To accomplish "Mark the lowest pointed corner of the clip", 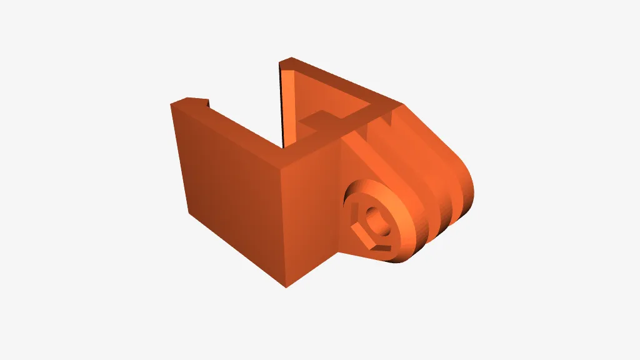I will [286, 287].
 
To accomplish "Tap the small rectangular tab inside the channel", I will [319, 119].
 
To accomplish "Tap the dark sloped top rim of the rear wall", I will [344, 81].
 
